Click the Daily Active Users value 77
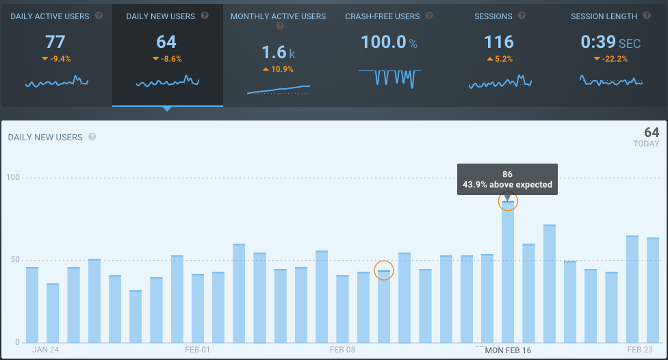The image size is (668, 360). pos(55,42)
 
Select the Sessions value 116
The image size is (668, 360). pos(498,42)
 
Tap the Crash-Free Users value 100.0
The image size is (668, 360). pos(383,42)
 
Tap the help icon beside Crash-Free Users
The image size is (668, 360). pos(429,16)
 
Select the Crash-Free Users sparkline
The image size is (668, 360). pos(389,77)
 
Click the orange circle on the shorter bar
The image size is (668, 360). pos(384,271)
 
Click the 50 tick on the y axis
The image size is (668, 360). pos(16,260)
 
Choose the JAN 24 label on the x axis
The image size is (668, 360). pos(46,350)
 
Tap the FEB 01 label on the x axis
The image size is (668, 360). pos(198,350)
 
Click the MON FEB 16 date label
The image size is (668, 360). pos(508,350)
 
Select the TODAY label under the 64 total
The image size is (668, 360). pos(646,144)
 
